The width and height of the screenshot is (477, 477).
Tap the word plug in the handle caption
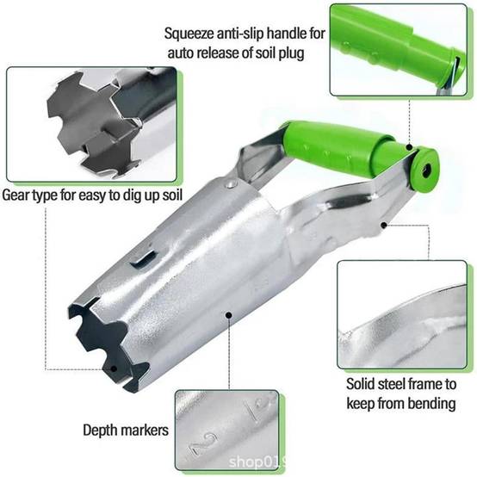(291, 53)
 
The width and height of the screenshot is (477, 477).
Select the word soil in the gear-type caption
(171, 195)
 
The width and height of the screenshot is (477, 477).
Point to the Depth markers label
(126, 431)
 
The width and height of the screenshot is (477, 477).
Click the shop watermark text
(257, 462)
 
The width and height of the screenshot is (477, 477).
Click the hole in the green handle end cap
(426, 170)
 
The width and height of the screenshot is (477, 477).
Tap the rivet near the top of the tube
(232, 183)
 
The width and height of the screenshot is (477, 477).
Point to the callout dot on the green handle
(410, 147)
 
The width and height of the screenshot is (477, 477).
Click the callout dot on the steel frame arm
(384, 225)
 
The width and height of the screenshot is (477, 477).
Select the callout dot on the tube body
(229, 315)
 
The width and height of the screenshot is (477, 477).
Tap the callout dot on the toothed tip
(114, 369)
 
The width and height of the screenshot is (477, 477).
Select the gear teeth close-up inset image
(91, 124)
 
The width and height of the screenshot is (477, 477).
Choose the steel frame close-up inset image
(402, 314)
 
